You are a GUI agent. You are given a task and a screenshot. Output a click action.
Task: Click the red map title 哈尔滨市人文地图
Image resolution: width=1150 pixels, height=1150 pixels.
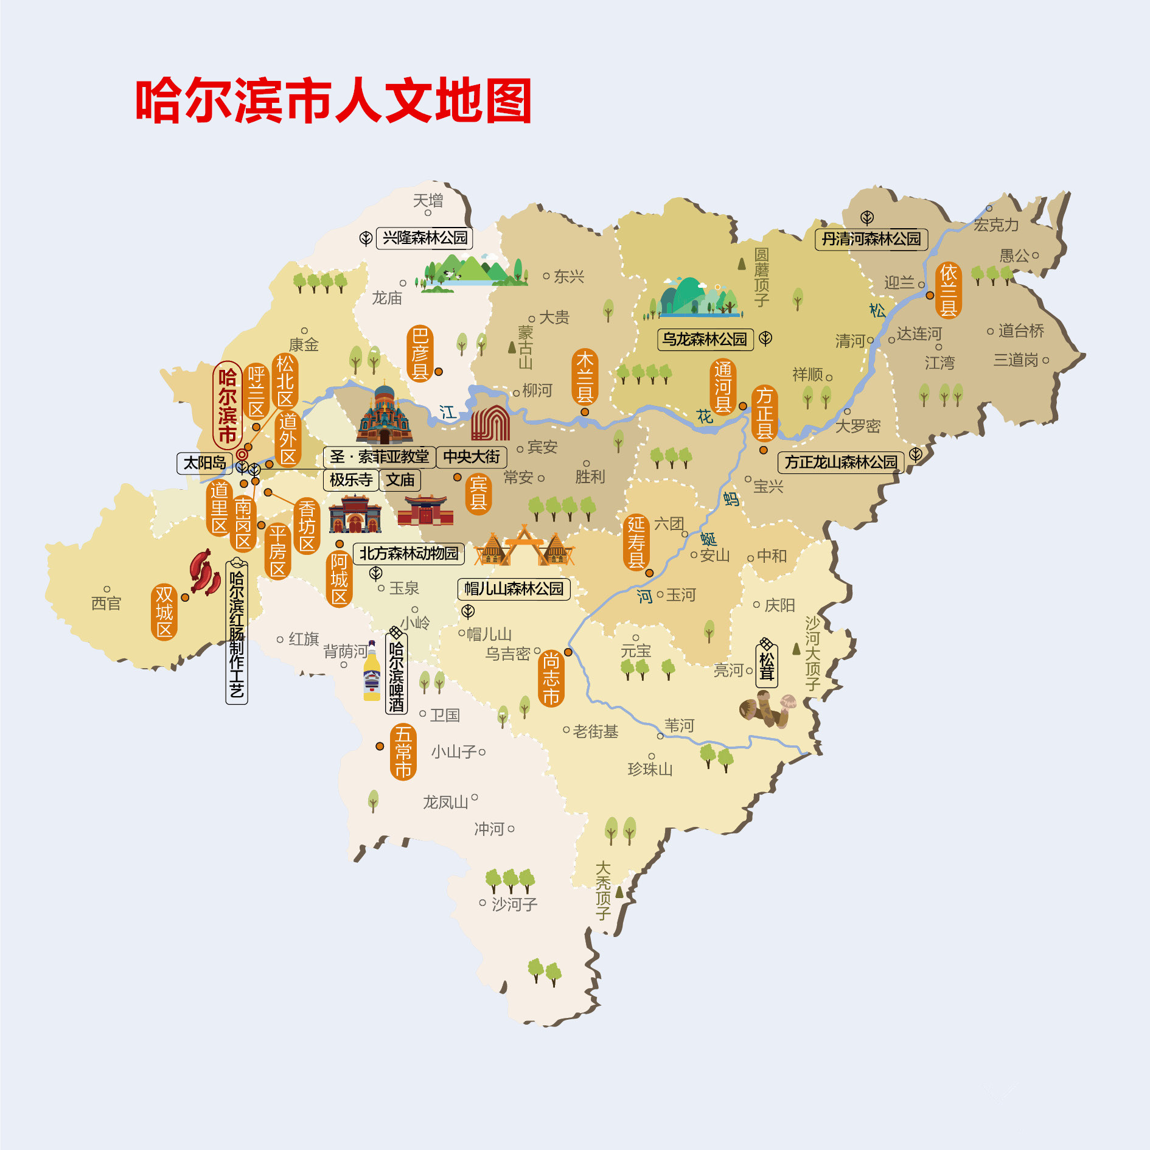coord(333,101)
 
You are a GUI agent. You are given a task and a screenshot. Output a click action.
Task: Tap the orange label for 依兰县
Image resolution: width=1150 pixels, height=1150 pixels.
coord(948,290)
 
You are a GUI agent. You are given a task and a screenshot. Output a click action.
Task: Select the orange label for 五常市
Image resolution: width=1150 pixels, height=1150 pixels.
coord(403,752)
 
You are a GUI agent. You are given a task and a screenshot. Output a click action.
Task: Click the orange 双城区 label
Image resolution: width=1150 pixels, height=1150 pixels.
coord(164,612)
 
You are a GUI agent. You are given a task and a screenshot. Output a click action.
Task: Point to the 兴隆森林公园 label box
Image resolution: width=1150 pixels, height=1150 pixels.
coord(425,238)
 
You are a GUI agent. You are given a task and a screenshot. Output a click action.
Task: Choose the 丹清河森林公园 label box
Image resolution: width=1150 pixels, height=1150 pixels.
coord(871,239)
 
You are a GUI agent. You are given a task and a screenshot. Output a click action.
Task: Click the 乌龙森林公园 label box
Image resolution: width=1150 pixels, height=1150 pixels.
coord(705,340)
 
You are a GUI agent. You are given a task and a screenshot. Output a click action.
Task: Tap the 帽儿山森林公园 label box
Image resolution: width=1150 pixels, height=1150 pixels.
coord(514,589)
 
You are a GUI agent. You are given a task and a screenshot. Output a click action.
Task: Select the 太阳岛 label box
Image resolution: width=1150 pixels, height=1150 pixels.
coord(204,463)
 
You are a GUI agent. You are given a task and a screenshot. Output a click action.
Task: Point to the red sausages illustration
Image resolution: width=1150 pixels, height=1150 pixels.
coord(204,573)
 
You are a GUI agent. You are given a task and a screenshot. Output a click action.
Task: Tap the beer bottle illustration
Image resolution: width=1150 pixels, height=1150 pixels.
coord(371,672)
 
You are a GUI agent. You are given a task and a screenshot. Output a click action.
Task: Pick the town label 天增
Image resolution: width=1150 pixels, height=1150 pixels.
coord(428,200)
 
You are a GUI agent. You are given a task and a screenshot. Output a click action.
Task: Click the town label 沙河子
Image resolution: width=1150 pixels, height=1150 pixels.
coord(514,905)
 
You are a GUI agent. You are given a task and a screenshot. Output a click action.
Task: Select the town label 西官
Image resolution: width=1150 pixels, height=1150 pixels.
coord(106,603)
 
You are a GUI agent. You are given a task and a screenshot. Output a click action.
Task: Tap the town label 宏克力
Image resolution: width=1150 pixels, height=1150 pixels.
coord(996,225)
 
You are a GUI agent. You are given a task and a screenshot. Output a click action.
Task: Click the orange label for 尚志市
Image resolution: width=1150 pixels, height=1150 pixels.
coord(551,678)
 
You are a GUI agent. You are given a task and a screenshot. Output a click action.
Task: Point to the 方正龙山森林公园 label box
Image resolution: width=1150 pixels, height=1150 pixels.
coord(841,462)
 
